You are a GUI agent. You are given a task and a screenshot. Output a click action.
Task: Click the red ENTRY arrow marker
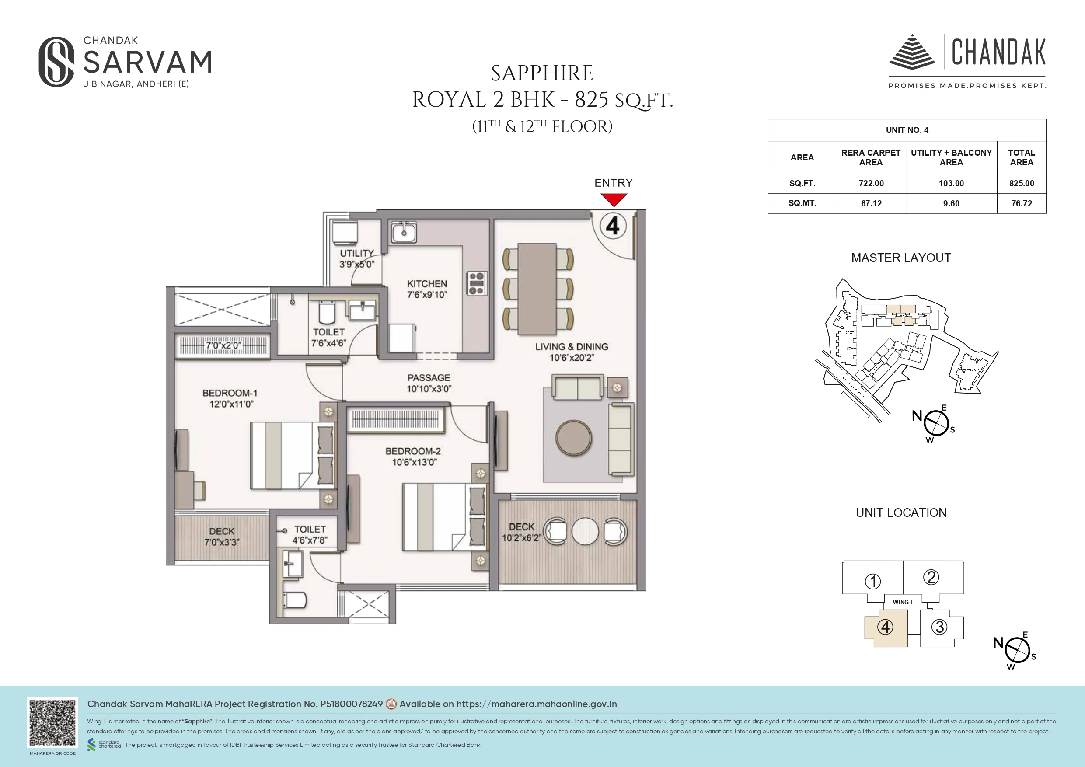(614, 200)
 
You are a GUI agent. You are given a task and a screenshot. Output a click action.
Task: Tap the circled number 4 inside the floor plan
(613, 226)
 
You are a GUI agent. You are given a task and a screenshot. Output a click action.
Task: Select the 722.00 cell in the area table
(871, 183)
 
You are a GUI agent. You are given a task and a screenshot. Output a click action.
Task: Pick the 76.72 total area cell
(1021, 203)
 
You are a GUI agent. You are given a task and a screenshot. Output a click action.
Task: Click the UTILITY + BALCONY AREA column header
(951, 157)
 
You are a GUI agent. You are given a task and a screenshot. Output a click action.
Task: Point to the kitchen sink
(404, 233)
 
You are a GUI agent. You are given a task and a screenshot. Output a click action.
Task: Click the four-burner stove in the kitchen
(476, 283)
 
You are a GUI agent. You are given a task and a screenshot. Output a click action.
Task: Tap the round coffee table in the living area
(573, 438)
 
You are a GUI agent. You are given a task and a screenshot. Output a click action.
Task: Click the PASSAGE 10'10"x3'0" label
(429, 383)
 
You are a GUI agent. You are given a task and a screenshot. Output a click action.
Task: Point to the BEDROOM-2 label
(413, 451)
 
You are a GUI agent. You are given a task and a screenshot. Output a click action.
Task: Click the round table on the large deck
(585, 531)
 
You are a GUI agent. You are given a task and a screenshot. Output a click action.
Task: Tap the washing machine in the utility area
(345, 233)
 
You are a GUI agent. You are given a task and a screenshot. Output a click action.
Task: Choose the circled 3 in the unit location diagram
(939, 627)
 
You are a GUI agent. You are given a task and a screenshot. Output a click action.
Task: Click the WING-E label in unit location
(903, 602)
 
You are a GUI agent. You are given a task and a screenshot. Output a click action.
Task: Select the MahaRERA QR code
(52, 722)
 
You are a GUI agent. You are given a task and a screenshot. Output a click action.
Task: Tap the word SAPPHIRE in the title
(542, 74)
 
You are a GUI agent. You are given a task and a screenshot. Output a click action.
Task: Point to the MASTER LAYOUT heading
(901, 258)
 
